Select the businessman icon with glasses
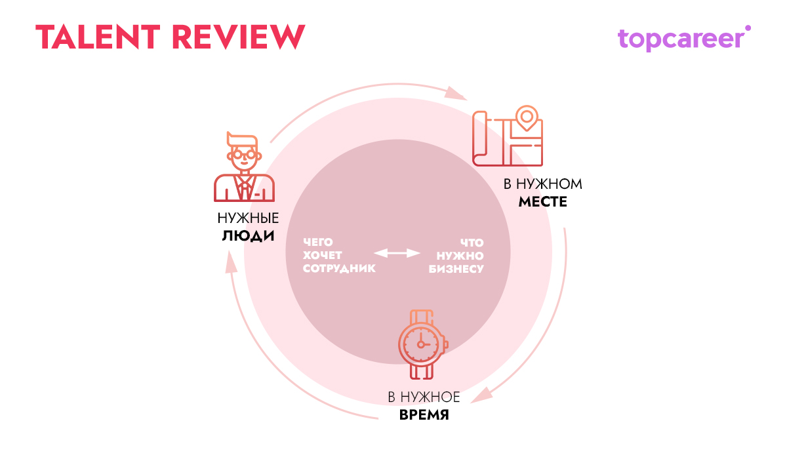pyautogui.click(x=244, y=167)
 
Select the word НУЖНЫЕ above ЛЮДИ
pyautogui.click(x=248, y=219)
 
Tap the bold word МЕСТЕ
pyautogui.click(x=542, y=202)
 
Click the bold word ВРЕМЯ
pyautogui.click(x=424, y=415)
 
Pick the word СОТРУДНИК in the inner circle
pyautogui.click(x=339, y=269)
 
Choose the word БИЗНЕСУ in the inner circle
pyautogui.click(x=456, y=269)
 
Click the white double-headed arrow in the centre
pyautogui.click(x=397, y=253)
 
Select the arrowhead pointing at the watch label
pyautogui.click(x=483, y=396)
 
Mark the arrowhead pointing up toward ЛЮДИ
pyautogui.click(x=230, y=262)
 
